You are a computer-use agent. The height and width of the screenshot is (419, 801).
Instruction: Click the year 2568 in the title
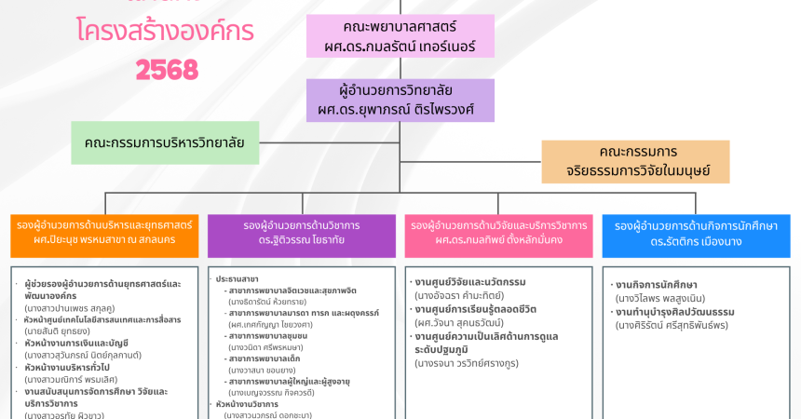(168, 69)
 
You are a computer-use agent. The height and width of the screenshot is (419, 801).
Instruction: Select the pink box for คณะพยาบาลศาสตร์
(400, 36)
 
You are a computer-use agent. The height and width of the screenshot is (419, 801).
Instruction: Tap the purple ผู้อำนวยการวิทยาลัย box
(400, 101)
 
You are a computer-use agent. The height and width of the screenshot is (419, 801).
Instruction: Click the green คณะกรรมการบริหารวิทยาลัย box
(165, 142)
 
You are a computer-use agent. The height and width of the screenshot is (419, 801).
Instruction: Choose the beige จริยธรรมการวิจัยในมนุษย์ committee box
(635, 161)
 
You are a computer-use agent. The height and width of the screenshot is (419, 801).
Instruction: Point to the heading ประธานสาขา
(238, 279)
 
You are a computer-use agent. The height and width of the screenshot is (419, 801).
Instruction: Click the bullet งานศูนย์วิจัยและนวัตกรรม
(470, 282)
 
